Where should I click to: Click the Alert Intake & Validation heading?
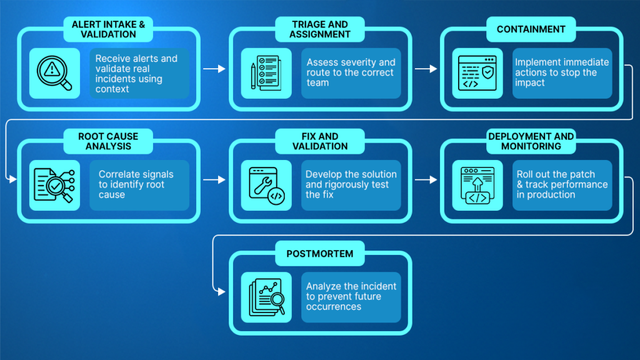[108, 29]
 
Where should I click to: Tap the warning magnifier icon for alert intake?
[54, 73]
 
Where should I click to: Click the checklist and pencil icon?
[266, 73]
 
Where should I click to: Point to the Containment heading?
[531, 29]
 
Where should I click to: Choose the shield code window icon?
[477, 73]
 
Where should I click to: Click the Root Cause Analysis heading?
[108, 141]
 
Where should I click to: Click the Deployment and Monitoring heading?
[531, 141]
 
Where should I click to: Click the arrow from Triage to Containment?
[425, 68]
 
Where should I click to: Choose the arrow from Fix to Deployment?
[425, 180]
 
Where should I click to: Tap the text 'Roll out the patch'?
[556, 174]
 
